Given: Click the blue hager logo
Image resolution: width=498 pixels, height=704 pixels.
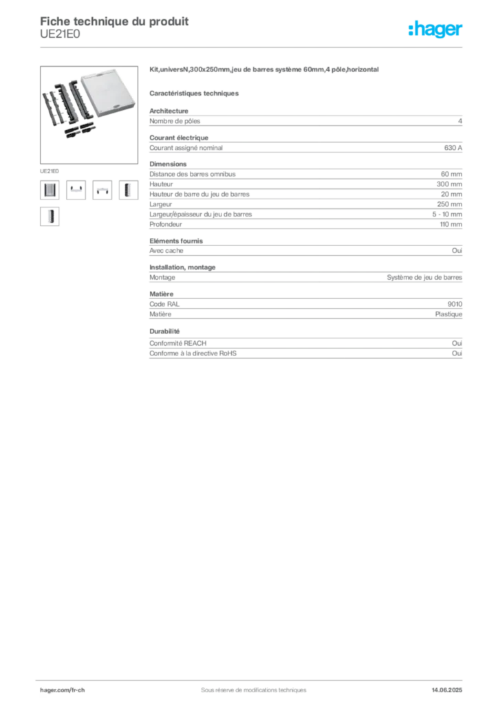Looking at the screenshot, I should [437, 30].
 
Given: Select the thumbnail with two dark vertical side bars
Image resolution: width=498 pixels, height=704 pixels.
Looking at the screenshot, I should [50, 190].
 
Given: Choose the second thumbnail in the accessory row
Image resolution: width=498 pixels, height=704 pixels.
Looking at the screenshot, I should [76, 190].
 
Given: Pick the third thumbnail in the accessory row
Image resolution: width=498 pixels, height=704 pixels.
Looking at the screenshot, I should [102, 192].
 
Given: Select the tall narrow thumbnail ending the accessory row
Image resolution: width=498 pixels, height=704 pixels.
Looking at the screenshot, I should [126, 190].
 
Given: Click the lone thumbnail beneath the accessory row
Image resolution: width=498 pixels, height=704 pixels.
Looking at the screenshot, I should [50, 217].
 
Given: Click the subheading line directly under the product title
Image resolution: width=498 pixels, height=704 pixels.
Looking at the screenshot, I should [195, 92].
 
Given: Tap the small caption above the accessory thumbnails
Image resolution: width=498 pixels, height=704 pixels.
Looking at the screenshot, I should [49, 168].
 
